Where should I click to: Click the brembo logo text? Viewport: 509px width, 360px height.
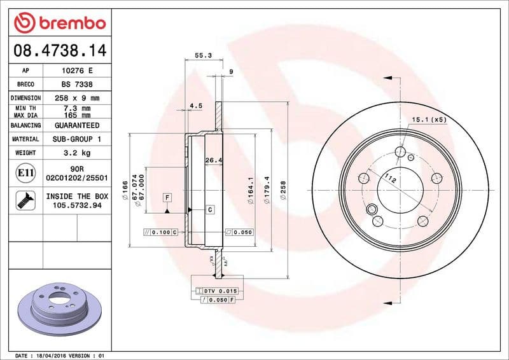point(70,23)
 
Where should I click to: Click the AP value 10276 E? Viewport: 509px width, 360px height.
point(77,71)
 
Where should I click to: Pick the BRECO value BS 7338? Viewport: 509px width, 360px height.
point(77,84)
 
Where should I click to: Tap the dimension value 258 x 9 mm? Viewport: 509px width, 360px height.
point(77,98)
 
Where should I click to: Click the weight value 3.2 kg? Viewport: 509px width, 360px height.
point(77,153)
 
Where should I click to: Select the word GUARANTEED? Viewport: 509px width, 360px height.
point(77,125)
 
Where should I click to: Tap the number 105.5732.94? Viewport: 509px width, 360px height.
point(77,206)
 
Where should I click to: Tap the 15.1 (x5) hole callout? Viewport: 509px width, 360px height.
point(429,119)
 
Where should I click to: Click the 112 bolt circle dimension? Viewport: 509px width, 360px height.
point(391,181)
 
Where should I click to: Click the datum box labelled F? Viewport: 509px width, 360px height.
point(167,197)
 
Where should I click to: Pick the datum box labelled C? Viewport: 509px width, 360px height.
point(210,209)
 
